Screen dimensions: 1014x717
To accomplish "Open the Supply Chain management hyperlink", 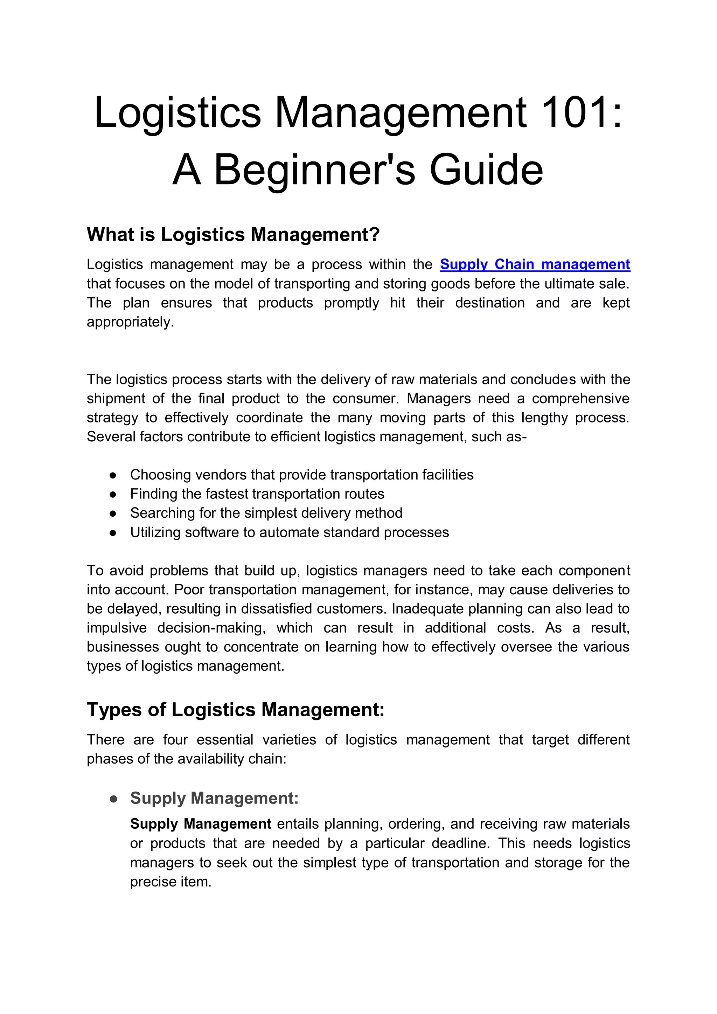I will tap(535, 264).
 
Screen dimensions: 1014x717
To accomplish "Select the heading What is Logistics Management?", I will tap(233, 235).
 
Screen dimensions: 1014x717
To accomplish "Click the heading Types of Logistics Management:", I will tap(236, 710).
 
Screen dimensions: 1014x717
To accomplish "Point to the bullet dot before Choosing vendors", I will tap(113, 475).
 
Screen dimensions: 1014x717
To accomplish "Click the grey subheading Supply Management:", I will tap(215, 798).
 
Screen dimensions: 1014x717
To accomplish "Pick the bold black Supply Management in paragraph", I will tap(201, 824).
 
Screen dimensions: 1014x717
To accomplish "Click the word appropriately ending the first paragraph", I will tap(130, 322).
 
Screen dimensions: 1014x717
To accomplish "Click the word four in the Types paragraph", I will tap(175, 740).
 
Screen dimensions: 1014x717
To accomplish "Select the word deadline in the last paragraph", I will tap(460, 843).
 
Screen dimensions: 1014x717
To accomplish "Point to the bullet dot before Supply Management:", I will tap(113, 799).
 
